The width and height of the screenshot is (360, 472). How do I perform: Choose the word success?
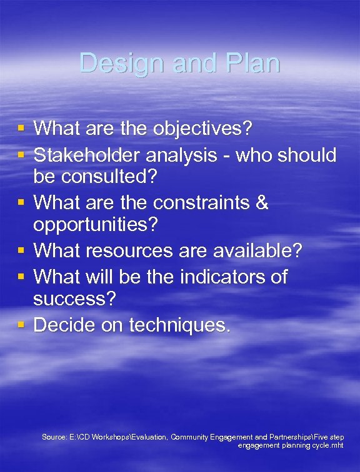(74, 300)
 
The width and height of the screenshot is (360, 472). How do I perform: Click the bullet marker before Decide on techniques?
(21, 325)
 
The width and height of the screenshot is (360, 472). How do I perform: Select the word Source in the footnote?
(53, 437)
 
